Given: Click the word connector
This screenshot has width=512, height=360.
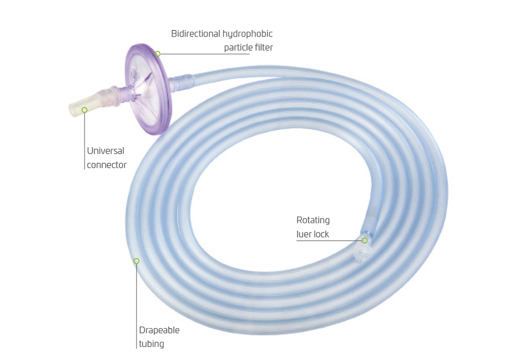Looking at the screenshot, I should click(106, 165).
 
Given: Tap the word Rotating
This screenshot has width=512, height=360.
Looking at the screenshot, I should click(313, 220).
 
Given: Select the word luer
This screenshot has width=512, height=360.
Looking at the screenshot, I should click(303, 234).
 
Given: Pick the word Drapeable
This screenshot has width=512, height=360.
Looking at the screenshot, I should click(159, 330).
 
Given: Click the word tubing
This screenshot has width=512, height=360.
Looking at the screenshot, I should click(152, 344).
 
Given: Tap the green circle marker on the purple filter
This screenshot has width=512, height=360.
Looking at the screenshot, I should click(158, 54).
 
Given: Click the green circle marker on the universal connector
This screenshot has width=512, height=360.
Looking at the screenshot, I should click(84, 110).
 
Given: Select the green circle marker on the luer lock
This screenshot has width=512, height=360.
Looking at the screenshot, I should click(365, 240).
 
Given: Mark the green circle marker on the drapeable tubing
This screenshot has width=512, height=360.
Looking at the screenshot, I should click(136, 261).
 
